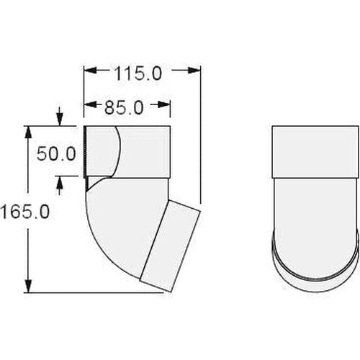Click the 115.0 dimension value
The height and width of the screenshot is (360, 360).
136,72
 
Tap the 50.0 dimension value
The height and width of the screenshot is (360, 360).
56,153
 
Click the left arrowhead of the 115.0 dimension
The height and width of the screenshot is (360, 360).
90,71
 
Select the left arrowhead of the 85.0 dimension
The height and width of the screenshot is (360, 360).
90,107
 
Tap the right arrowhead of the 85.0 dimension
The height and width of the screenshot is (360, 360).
166,107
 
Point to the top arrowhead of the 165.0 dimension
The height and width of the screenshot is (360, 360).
28,132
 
